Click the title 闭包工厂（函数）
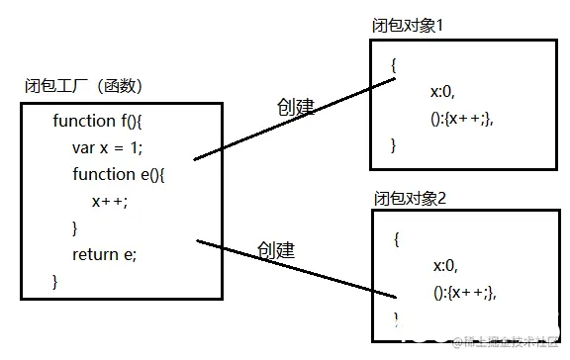(89, 86)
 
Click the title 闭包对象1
(407, 24)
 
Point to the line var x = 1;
(108, 147)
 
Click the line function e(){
(122, 174)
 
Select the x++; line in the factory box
(110, 201)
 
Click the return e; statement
(104, 254)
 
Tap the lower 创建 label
(276, 249)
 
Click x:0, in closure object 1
(441, 92)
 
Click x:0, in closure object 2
(443, 265)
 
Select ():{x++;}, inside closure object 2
(463, 292)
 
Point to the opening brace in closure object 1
(393, 65)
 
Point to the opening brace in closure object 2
(396, 238)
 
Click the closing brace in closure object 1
(393, 145)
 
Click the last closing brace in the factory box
(55, 281)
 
